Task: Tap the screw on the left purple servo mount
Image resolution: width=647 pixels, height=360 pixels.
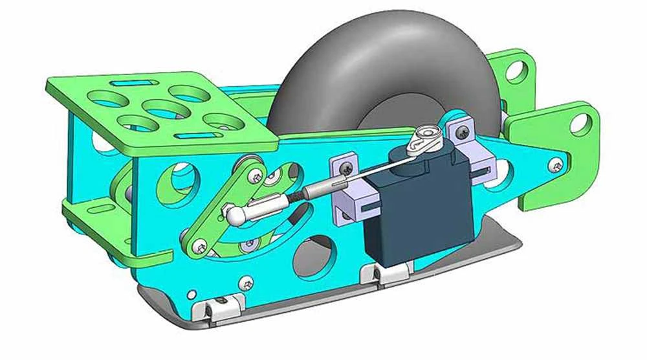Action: pyautogui.click(x=349, y=167)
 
